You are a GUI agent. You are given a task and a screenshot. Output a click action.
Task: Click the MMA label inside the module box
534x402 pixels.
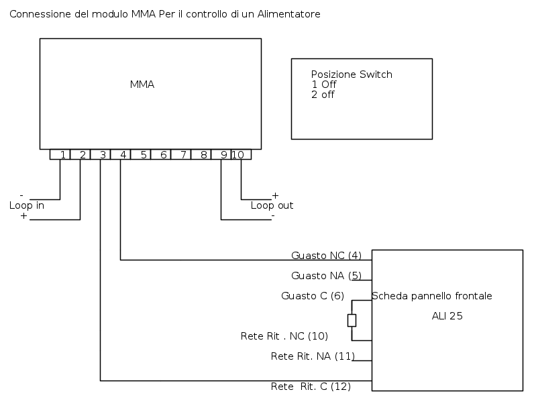pos(142,85)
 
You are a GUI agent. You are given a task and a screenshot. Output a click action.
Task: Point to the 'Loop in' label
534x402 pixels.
pos(27,205)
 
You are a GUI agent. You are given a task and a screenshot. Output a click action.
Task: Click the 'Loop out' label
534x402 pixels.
pos(272,205)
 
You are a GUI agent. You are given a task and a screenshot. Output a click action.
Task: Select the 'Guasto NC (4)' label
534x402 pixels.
pos(326,256)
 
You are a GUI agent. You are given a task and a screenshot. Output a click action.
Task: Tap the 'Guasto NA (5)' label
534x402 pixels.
pos(326,275)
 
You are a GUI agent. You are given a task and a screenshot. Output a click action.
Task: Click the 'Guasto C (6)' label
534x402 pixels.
pos(313,296)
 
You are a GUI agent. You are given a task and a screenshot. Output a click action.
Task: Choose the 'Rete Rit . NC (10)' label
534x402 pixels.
pos(284,336)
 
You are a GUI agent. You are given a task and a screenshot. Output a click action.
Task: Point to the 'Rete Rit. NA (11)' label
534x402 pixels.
pos(312,356)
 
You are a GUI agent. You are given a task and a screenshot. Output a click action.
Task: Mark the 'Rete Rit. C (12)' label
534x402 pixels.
pos(311,387)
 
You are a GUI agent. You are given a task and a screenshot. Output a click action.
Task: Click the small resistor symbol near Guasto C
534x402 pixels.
pos(352,320)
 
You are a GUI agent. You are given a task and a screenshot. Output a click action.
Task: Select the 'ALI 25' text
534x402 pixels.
pos(447,316)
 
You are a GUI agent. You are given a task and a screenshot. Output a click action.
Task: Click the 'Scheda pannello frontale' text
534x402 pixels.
pos(431,296)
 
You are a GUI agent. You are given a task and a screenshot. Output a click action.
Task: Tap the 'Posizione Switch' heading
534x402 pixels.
pos(352,74)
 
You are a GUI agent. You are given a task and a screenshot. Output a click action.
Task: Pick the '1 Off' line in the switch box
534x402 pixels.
pos(324,85)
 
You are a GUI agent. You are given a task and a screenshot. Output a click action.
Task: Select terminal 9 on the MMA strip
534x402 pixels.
pos(222,154)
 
